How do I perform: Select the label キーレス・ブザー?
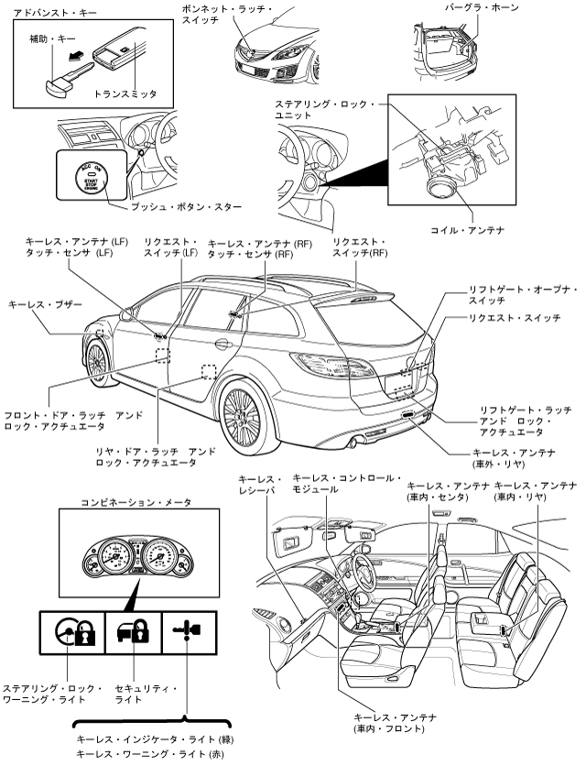point(45,302)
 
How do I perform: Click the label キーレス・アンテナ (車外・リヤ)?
point(514,459)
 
